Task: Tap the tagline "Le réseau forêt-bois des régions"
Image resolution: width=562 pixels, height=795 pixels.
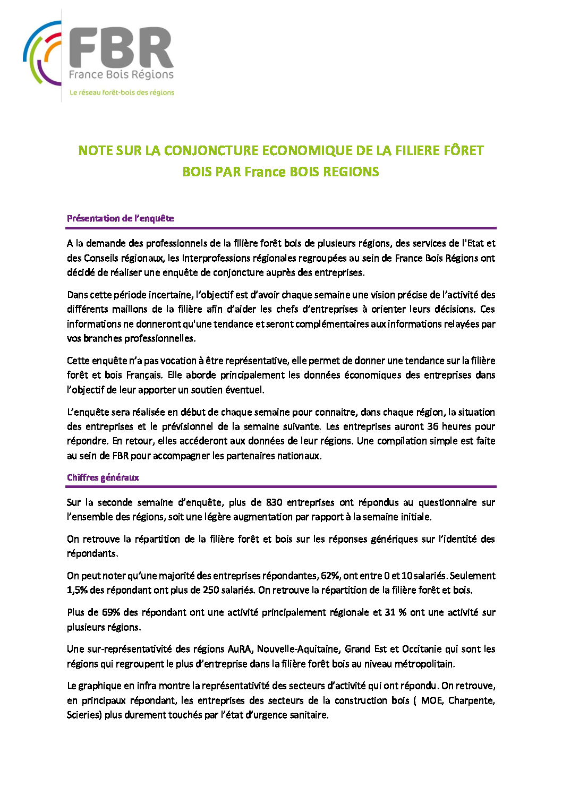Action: tap(122, 92)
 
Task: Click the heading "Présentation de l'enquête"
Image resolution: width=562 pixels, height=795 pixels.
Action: tap(120, 218)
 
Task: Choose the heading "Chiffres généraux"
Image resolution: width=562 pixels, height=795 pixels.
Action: tap(103, 477)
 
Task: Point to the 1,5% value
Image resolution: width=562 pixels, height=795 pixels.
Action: tap(77, 590)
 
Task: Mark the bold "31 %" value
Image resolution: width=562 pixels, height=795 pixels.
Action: tap(395, 612)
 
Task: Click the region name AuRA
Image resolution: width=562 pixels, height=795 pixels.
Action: tap(239, 649)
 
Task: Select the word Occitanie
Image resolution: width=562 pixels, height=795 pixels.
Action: tap(424, 649)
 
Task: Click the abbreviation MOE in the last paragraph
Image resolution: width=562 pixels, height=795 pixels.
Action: tap(431, 700)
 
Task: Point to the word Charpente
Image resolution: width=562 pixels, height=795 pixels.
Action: tap(471, 700)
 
